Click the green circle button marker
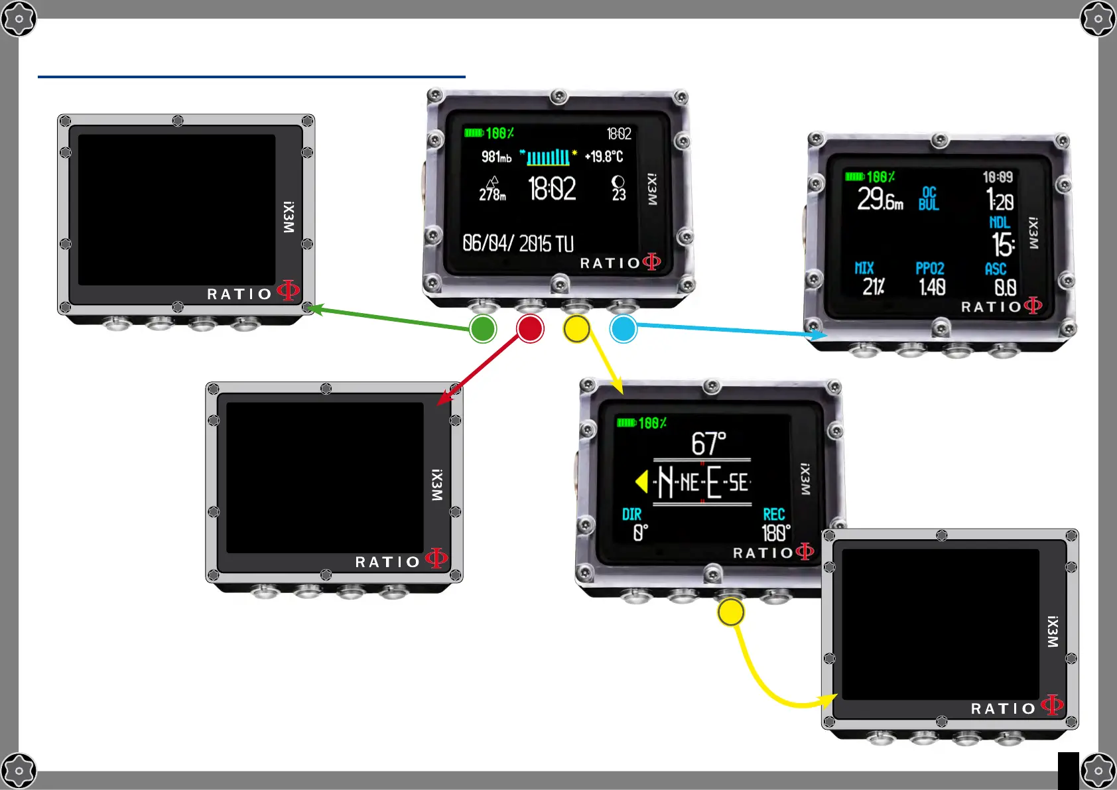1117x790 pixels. pyautogui.click(x=483, y=329)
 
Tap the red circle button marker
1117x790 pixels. pyautogui.click(x=530, y=329)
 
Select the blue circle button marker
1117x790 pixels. pyautogui.click(x=624, y=329)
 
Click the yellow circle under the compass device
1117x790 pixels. pyautogui.click(x=730, y=612)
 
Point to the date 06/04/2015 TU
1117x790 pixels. pyautogui.click(x=518, y=243)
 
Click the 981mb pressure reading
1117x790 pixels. pyautogui.click(x=496, y=157)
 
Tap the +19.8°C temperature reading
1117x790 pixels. pyautogui.click(x=604, y=157)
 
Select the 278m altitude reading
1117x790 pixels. pyautogui.click(x=492, y=194)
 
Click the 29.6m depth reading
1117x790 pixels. pyautogui.click(x=880, y=198)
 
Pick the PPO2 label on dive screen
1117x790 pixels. pyautogui.click(x=929, y=268)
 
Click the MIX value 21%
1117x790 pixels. pyautogui.click(x=873, y=287)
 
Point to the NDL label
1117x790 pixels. pyautogui.click(x=999, y=222)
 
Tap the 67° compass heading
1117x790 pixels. pyautogui.click(x=708, y=443)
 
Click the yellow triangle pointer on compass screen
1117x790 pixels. pyautogui.click(x=641, y=482)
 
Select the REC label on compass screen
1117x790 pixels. pyautogui.click(x=773, y=514)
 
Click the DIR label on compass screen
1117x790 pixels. pyautogui.click(x=631, y=514)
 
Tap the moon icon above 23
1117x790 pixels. pyautogui.click(x=618, y=182)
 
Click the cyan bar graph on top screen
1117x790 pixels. pyautogui.click(x=548, y=157)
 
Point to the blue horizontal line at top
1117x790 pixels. pyautogui.click(x=251, y=77)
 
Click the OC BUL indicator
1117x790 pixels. pyautogui.click(x=929, y=198)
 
